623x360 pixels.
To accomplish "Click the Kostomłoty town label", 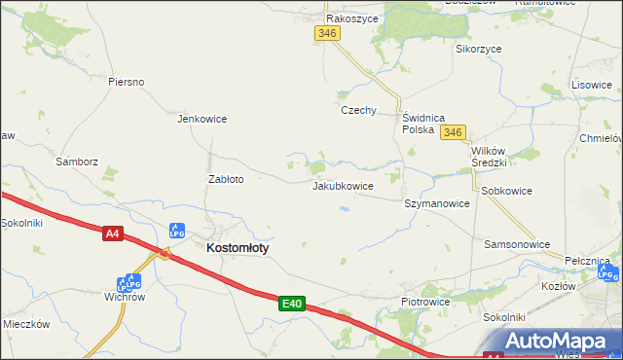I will pyautogui.click(x=238, y=248).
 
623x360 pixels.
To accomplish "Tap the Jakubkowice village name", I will pyautogui.click(x=343, y=185).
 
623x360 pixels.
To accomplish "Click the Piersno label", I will pyautogui.click(x=127, y=82).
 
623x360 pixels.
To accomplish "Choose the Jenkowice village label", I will pyautogui.click(x=202, y=119).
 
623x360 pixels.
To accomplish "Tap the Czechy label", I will pyautogui.click(x=358, y=110).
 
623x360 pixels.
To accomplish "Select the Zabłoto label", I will pyautogui.click(x=226, y=179).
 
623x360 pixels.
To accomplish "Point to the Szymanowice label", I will pyautogui.click(x=437, y=204).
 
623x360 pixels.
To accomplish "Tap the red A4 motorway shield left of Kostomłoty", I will pyautogui.click(x=113, y=233).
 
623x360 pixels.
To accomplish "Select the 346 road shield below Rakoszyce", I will pyautogui.click(x=327, y=33).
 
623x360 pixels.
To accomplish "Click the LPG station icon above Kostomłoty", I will pyautogui.click(x=177, y=231).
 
